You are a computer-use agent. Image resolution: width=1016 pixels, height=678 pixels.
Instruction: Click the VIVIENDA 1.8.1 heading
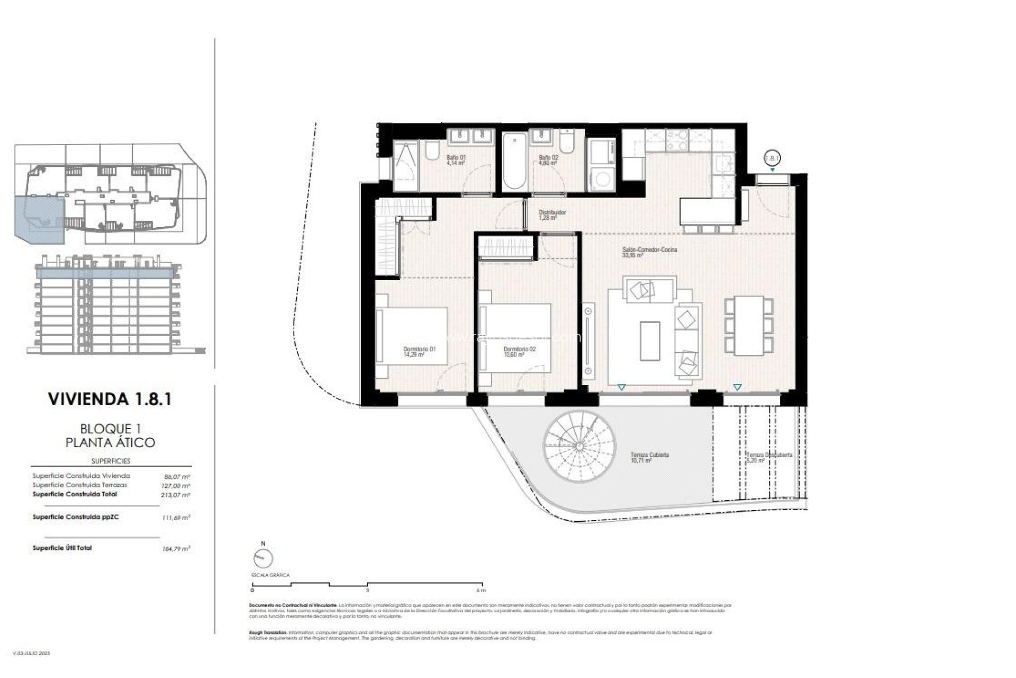tap(110, 399)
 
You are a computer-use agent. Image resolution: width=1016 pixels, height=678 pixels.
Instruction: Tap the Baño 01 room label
tap(456, 160)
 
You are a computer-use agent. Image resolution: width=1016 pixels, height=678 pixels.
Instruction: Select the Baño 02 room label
tap(548, 160)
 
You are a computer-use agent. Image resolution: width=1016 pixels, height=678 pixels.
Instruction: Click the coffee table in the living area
tap(650, 340)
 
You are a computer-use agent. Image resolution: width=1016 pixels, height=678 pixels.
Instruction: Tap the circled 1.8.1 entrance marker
tap(773, 157)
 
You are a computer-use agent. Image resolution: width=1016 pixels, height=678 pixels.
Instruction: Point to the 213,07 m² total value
tap(176, 495)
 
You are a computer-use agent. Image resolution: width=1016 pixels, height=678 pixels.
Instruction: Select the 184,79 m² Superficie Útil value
tap(176, 549)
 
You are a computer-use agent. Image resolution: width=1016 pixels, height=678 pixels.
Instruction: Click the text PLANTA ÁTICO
tap(110, 443)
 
